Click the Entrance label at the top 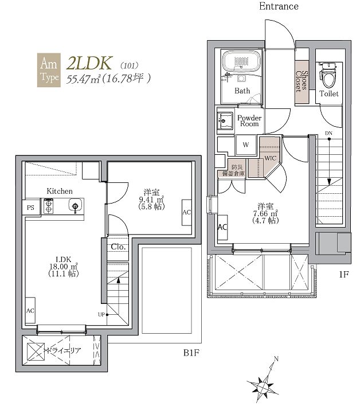click(279, 6)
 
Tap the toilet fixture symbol click(328, 75)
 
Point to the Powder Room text click(249, 120)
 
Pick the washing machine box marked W click(246, 144)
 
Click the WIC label click(270, 158)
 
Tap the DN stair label click(328, 133)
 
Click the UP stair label click(101, 314)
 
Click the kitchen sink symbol click(75, 206)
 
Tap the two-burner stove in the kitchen click(49, 206)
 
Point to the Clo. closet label click(118, 247)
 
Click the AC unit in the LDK click(30, 310)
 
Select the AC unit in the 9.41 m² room click(187, 212)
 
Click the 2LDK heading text click(89, 63)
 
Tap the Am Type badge click(49, 70)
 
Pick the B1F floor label click(191, 353)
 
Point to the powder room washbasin click(225, 121)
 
